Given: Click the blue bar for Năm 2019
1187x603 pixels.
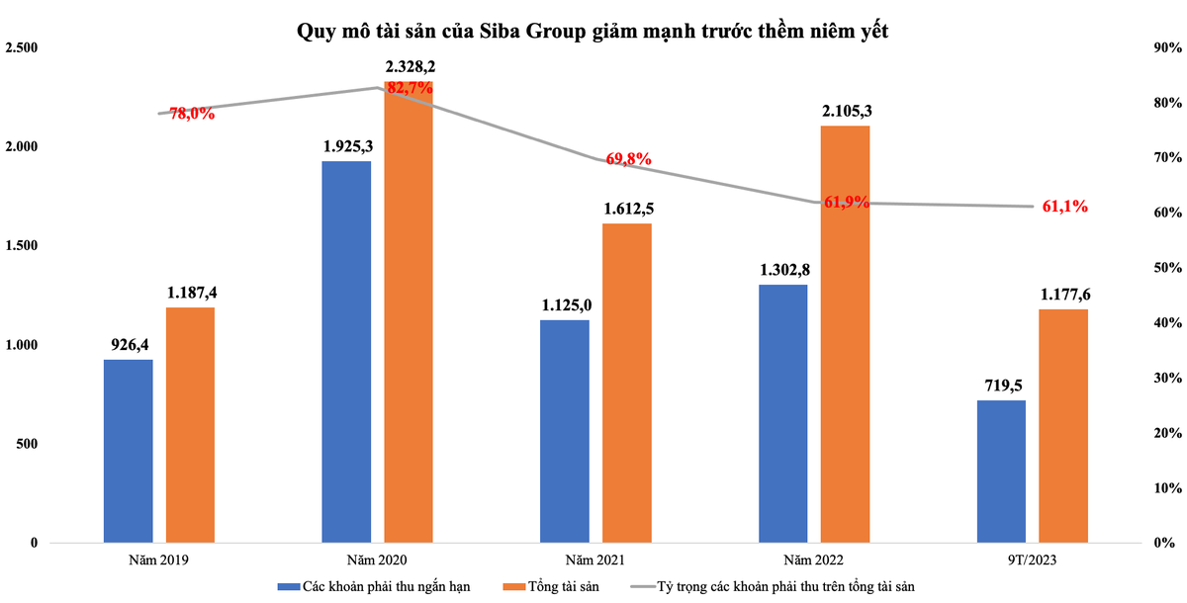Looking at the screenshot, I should coord(129,451).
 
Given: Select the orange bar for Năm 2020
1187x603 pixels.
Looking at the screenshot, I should coord(408,312).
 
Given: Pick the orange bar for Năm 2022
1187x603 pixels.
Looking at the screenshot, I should coord(846,334).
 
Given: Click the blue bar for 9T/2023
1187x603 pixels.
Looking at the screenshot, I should coord(1001,472).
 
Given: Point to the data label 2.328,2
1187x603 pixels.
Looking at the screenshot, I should coord(409,67).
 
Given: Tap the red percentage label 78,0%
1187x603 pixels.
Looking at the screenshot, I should coord(192,114).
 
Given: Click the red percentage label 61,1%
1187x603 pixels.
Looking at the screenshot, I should coord(1065,207).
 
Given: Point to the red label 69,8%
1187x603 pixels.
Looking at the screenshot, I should coord(628,159).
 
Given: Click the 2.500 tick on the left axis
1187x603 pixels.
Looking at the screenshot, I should coord(21,48).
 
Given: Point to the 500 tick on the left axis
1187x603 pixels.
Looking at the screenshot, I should coord(28,444).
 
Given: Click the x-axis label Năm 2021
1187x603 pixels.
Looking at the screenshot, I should coord(593,560).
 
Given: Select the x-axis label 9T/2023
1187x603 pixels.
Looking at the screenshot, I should coord(1029,560).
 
